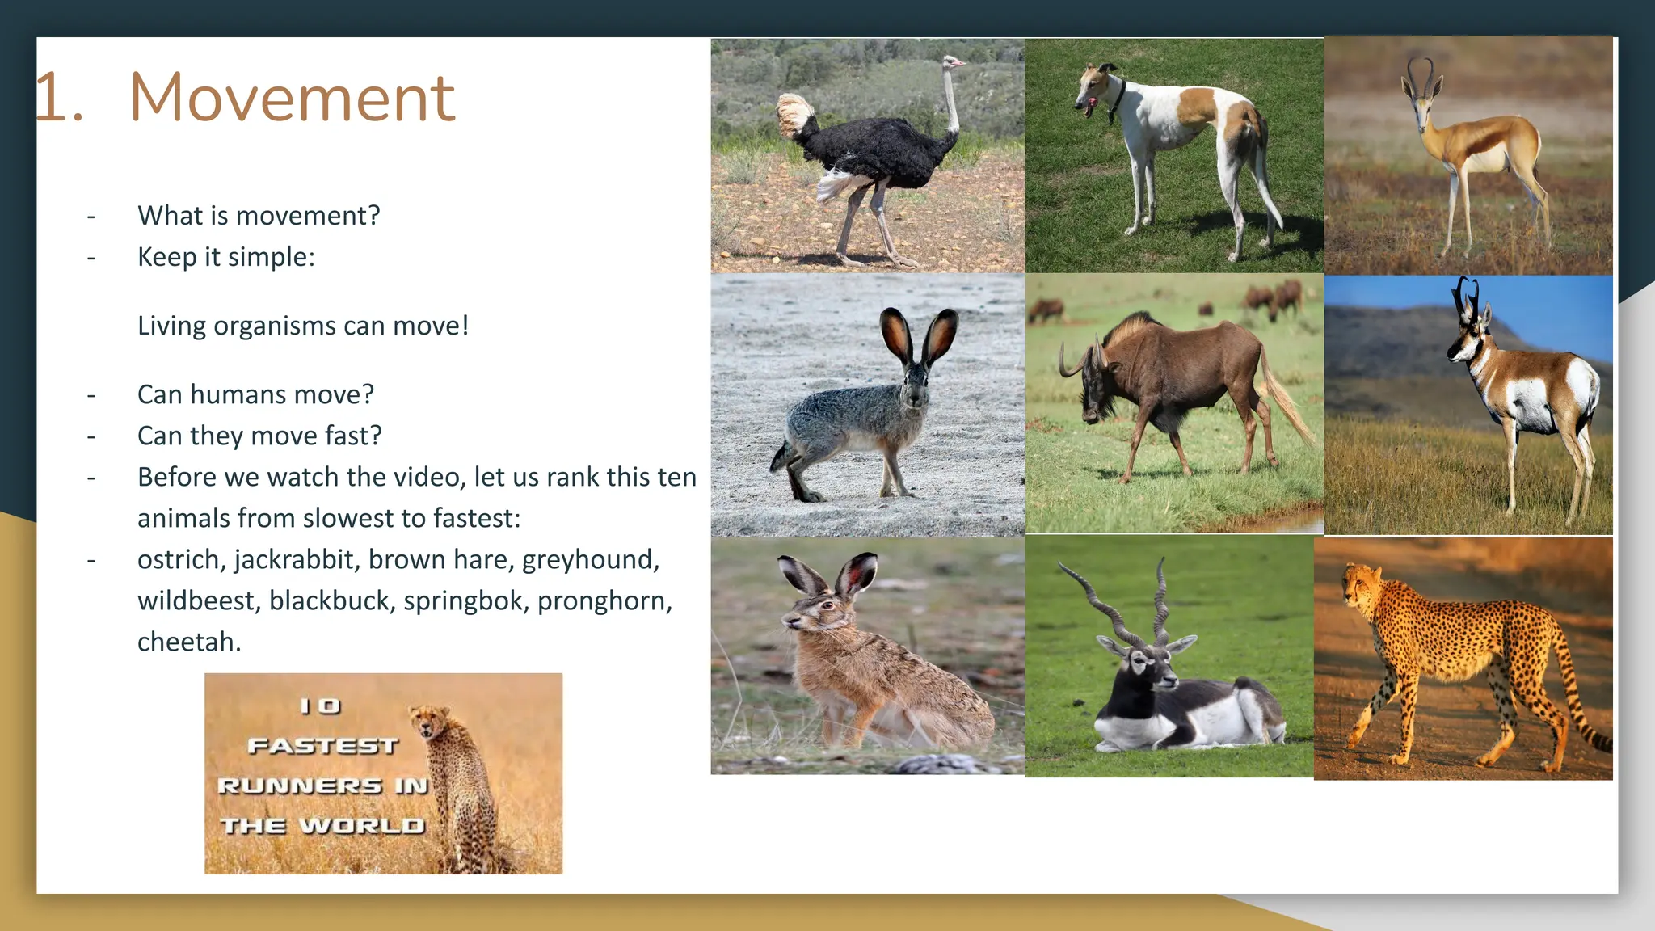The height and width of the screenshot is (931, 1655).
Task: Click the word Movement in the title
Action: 292,98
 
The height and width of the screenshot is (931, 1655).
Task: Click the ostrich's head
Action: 953,62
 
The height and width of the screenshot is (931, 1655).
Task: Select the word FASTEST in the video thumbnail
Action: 322,746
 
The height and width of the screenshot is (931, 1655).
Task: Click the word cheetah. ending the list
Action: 189,642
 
